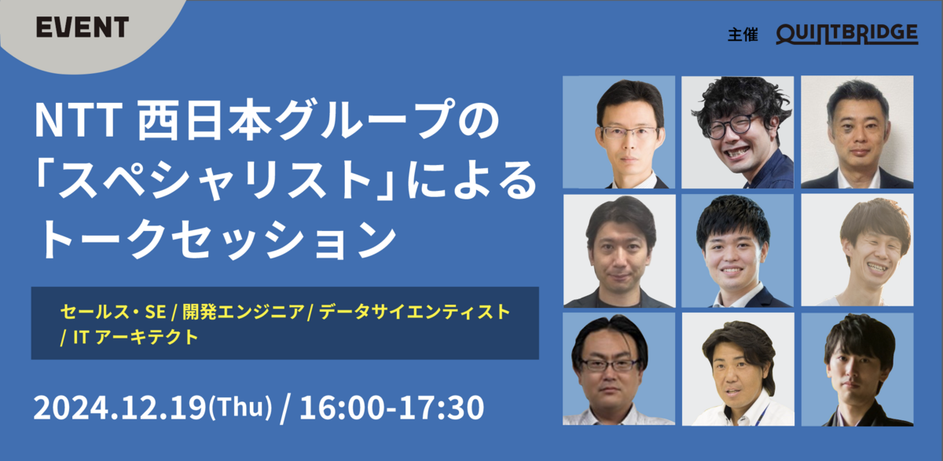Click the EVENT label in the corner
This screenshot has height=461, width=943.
pyautogui.click(x=82, y=27)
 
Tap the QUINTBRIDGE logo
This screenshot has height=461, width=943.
pyautogui.click(x=846, y=34)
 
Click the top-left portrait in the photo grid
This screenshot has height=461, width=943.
pyautogui.click(x=619, y=132)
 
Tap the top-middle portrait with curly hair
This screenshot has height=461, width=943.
pyautogui.click(x=737, y=132)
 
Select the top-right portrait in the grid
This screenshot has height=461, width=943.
pyautogui.click(x=857, y=132)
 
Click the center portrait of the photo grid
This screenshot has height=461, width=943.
pyautogui.click(x=737, y=251)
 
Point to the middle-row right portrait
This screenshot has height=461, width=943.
pyautogui.click(x=857, y=251)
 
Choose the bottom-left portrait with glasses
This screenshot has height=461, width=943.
pyautogui.click(x=619, y=369)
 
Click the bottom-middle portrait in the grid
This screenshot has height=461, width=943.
pyautogui.click(x=737, y=369)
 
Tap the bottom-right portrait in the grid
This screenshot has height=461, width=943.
pyautogui.click(x=857, y=369)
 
